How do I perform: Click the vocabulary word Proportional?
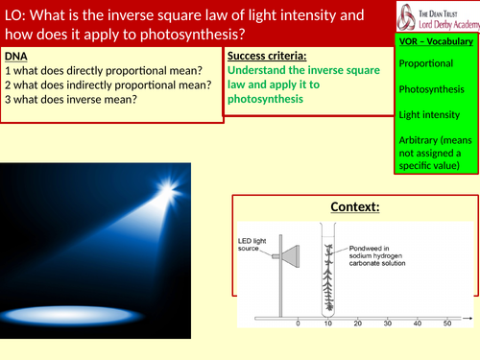tap(428, 63)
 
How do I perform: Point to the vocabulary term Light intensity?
tap(432, 114)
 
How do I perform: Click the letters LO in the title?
tap(16, 16)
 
